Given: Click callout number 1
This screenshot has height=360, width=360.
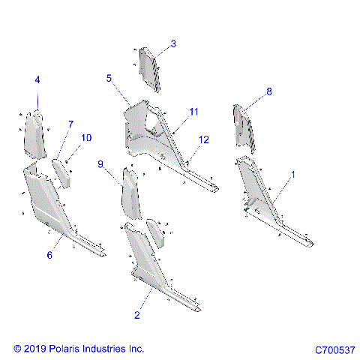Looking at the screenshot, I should (292, 174).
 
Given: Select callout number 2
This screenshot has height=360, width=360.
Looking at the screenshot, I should (136, 315).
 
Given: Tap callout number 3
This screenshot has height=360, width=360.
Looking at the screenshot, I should (173, 44).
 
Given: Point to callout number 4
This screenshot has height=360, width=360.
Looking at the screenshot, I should (37, 79).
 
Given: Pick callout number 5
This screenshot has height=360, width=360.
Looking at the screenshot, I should (109, 77).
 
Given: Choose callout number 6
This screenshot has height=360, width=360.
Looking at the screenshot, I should (49, 256).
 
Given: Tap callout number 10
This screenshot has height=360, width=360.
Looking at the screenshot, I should (87, 137).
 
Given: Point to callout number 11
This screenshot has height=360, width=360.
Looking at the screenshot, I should (194, 112).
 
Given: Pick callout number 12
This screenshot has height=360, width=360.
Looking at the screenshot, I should (204, 139).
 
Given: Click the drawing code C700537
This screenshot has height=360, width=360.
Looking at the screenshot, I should (334, 350).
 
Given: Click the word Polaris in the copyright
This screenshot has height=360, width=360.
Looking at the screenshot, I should (70, 349).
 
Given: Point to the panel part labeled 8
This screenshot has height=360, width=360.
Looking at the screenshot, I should (245, 127).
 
